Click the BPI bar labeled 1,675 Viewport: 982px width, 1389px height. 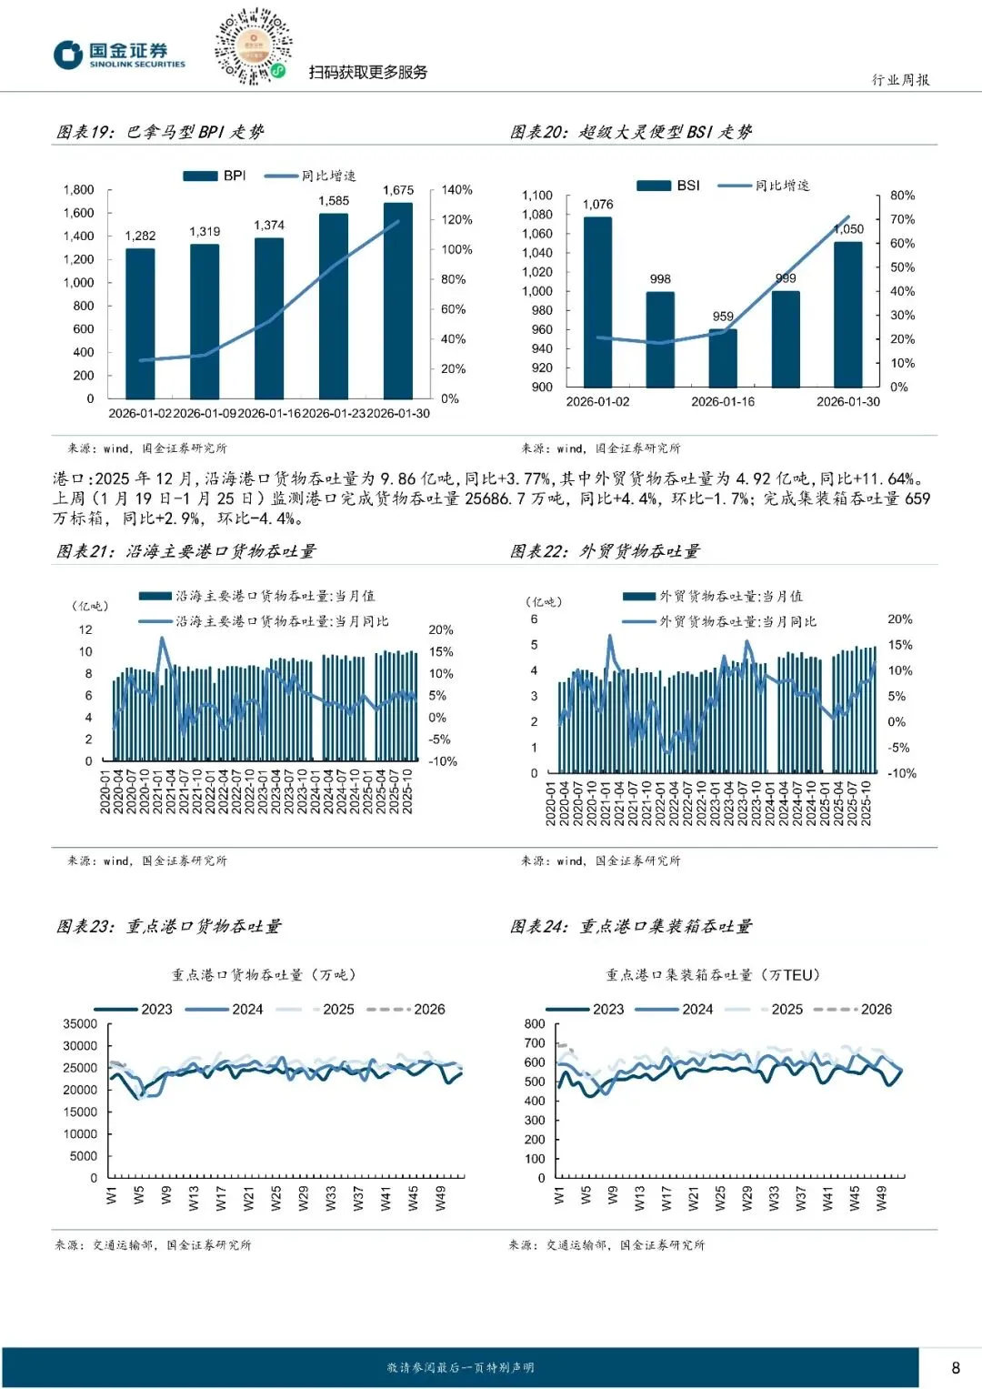coord(397,300)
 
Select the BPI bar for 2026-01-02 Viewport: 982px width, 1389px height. coord(140,323)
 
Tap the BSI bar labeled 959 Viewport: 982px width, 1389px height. coord(723,357)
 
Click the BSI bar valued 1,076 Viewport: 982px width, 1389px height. coord(597,301)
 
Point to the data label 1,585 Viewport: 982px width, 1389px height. coord(334,201)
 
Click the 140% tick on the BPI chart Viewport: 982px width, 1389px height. coord(456,190)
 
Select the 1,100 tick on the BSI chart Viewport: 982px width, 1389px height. coord(537,196)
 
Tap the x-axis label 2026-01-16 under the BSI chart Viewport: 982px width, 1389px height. coord(723,402)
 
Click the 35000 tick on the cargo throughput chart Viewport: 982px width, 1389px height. coord(80,1024)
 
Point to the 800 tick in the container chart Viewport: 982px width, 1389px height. coord(535,1024)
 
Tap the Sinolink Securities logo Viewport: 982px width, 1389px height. coord(119,55)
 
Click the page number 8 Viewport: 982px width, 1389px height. coord(956,1368)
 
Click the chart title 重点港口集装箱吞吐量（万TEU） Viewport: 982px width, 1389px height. coord(713,975)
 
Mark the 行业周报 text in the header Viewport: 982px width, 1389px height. coord(900,80)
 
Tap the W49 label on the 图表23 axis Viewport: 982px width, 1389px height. coord(441,1199)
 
